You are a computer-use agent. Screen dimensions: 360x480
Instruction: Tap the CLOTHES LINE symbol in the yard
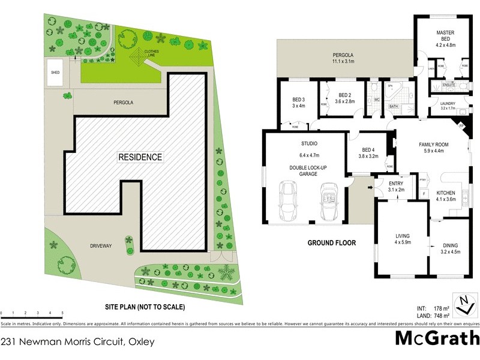click(x=140, y=58)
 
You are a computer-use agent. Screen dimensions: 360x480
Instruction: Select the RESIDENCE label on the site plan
click(x=140, y=157)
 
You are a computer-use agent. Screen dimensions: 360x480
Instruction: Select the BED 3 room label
click(x=299, y=103)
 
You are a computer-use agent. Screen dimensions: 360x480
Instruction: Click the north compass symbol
click(x=463, y=305)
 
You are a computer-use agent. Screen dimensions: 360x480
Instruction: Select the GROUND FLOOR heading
click(x=331, y=244)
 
